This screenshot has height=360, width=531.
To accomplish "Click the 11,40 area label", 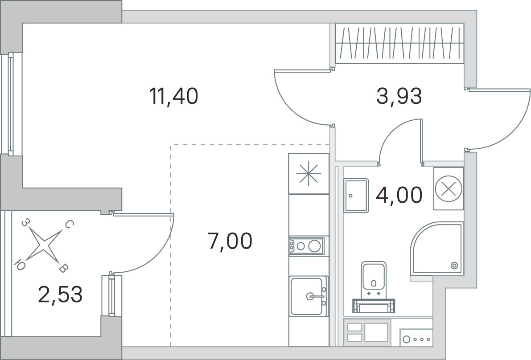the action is pos(174,96).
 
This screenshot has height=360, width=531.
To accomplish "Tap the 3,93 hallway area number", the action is pos(399,96).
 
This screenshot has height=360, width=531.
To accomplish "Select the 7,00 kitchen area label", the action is pos(230,241).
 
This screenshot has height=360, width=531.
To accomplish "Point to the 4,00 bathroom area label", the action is pos(399,195).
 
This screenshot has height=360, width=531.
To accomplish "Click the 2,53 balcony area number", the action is pos(60,295).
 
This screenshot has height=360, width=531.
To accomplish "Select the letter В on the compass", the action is pos(63,269).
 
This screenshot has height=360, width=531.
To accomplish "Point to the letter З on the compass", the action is pos(25,222).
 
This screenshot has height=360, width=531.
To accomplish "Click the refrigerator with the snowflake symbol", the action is pos(309,174).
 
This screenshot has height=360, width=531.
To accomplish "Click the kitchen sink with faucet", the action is pos(308,296).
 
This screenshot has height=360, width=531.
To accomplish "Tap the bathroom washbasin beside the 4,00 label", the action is pos(356,196).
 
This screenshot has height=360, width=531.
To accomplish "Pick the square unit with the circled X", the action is pos(449,188).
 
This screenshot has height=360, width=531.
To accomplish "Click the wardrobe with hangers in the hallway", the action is pos(400,43).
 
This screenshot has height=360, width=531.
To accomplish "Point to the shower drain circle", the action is pos(454,266).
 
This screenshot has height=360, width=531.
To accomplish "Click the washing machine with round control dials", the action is pos(416,338).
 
